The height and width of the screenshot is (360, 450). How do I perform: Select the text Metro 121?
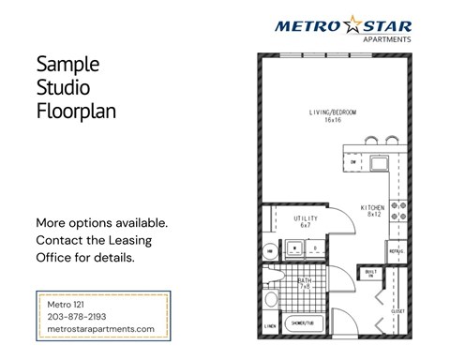coord(67,305)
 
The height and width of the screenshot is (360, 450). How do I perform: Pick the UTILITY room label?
coord(307,221)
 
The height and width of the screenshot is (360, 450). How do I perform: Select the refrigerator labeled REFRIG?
coord(397,251)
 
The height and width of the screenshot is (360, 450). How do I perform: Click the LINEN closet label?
coord(271,326)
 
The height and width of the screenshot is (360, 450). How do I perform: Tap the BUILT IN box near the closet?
coord(370,275)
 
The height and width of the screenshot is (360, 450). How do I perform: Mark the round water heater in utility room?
coord(269,250)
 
